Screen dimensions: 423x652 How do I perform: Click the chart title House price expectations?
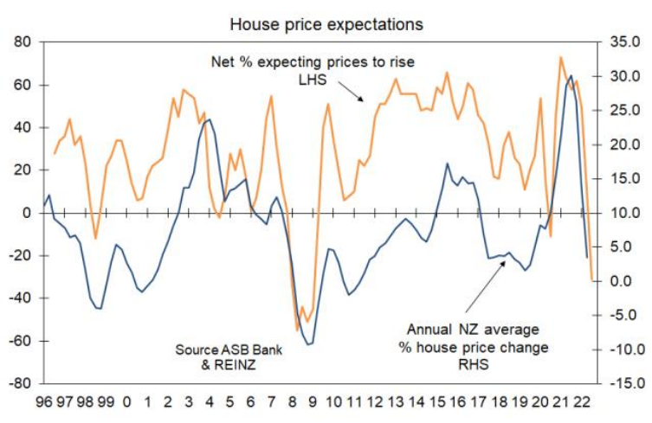(326, 23)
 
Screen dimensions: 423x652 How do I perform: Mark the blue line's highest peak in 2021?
(571, 76)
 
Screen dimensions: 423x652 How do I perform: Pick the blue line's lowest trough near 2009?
(308, 343)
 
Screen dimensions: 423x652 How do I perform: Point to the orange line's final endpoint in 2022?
(592, 279)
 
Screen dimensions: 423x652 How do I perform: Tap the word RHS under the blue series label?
(478, 365)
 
